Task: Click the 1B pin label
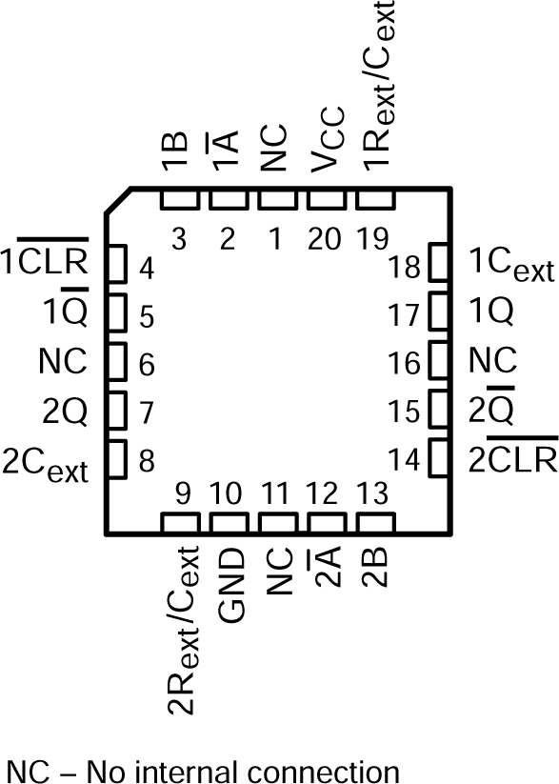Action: (178, 152)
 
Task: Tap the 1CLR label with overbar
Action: (46, 258)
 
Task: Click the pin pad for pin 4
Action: (117, 264)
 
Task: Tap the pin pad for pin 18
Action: (439, 264)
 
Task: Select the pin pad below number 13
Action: (374, 523)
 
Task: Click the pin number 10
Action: (228, 494)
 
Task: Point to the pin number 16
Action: (405, 362)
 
